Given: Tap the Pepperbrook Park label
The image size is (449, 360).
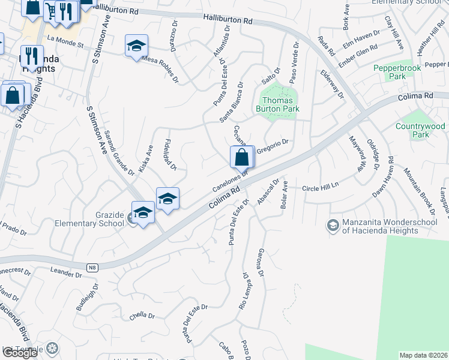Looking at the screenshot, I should click(389, 72).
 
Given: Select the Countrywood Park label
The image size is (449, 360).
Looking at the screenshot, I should click(420, 130).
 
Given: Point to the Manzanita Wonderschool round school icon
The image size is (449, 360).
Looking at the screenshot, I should click(332, 226).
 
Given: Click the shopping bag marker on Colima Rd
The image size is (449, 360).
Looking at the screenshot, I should click(241, 158).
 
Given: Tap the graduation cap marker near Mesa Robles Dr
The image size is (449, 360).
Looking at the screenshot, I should click(136, 46).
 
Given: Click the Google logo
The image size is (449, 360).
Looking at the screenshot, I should click(20, 353).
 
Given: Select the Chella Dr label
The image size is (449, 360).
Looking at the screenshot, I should click(142, 316).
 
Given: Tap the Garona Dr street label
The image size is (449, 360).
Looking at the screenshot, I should click(261, 263).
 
